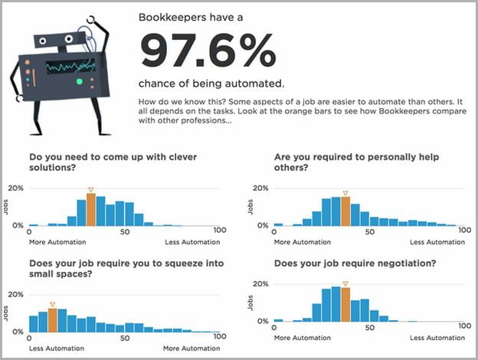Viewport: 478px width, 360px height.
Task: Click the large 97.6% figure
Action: pyautogui.click(x=208, y=51)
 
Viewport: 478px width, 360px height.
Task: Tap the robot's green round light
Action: pyautogui.click(x=79, y=81)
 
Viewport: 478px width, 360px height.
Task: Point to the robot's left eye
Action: pyautogui.click(x=42, y=41)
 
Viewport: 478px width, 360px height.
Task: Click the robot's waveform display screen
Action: pyautogui.click(x=70, y=67)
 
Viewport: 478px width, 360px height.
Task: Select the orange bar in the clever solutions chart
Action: pyautogui.click(x=91, y=210)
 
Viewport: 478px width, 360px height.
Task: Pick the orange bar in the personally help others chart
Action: pyautogui.click(x=345, y=211)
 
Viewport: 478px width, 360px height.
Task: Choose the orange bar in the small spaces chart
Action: pyautogui.click(x=52, y=320)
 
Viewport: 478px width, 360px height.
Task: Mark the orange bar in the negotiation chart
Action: pyautogui.click(x=345, y=305)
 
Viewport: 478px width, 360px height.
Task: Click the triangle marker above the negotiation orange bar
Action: pyautogui.click(x=345, y=284)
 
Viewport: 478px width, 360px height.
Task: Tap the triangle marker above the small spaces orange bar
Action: pyautogui.click(x=52, y=305)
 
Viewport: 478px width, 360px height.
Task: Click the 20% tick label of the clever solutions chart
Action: pyautogui.click(x=16, y=188)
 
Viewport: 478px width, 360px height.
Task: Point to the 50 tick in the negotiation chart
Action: pyautogui.click(x=369, y=328)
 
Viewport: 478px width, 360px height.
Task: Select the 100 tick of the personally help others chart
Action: pyautogui.click(x=465, y=230)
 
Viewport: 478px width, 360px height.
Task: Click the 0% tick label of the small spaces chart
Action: pyautogui.click(x=18, y=332)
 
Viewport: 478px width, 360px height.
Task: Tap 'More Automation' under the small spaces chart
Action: pyautogui.click(x=192, y=349)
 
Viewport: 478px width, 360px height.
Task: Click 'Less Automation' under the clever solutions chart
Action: pyautogui.click(x=192, y=242)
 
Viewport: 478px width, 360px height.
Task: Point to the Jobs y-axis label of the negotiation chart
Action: pyautogui.click(x=250, y=303)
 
